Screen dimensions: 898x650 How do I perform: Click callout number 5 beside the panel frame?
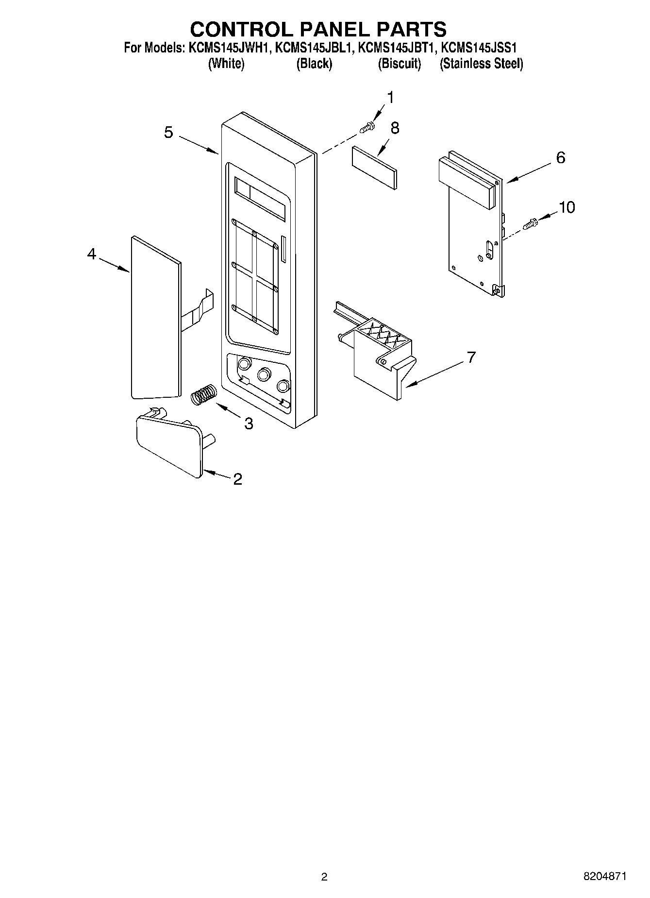click(x=168, y=132)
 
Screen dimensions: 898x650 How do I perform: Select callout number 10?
click(x=567, y=207)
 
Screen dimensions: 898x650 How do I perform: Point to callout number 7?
click(x=470, y=357)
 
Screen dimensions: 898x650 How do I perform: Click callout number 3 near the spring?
click(x=249, y=424)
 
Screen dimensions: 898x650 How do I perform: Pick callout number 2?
click(x=237, y=479)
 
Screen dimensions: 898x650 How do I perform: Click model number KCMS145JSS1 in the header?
click(x=481, y=48)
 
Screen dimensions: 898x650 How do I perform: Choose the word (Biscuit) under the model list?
click(x=400, y=64)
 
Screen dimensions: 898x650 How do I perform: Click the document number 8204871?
click(x=605, y=877)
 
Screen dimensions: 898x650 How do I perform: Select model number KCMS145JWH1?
click(x=229, y=48)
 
